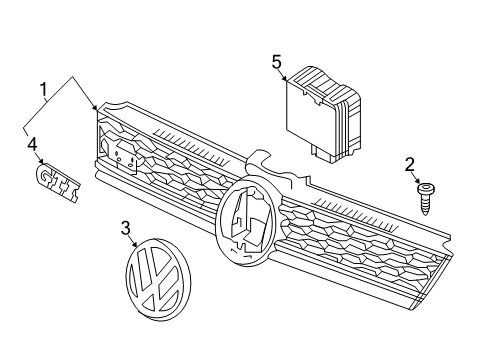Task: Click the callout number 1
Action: click(43, 91)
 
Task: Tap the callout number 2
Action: click(410, 165)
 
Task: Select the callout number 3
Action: click(126, 228)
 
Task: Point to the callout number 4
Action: click(32, 145)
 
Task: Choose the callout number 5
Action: click(277, 62)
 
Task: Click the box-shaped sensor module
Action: click(323, 115)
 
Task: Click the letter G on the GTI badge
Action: click(45, 173)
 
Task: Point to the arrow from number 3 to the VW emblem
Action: click(133, 241)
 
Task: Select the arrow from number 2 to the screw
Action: click(415, 178)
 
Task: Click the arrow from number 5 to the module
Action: click(282, 75)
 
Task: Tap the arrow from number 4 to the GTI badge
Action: click(39, 158)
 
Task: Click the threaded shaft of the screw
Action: click(425, 205)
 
